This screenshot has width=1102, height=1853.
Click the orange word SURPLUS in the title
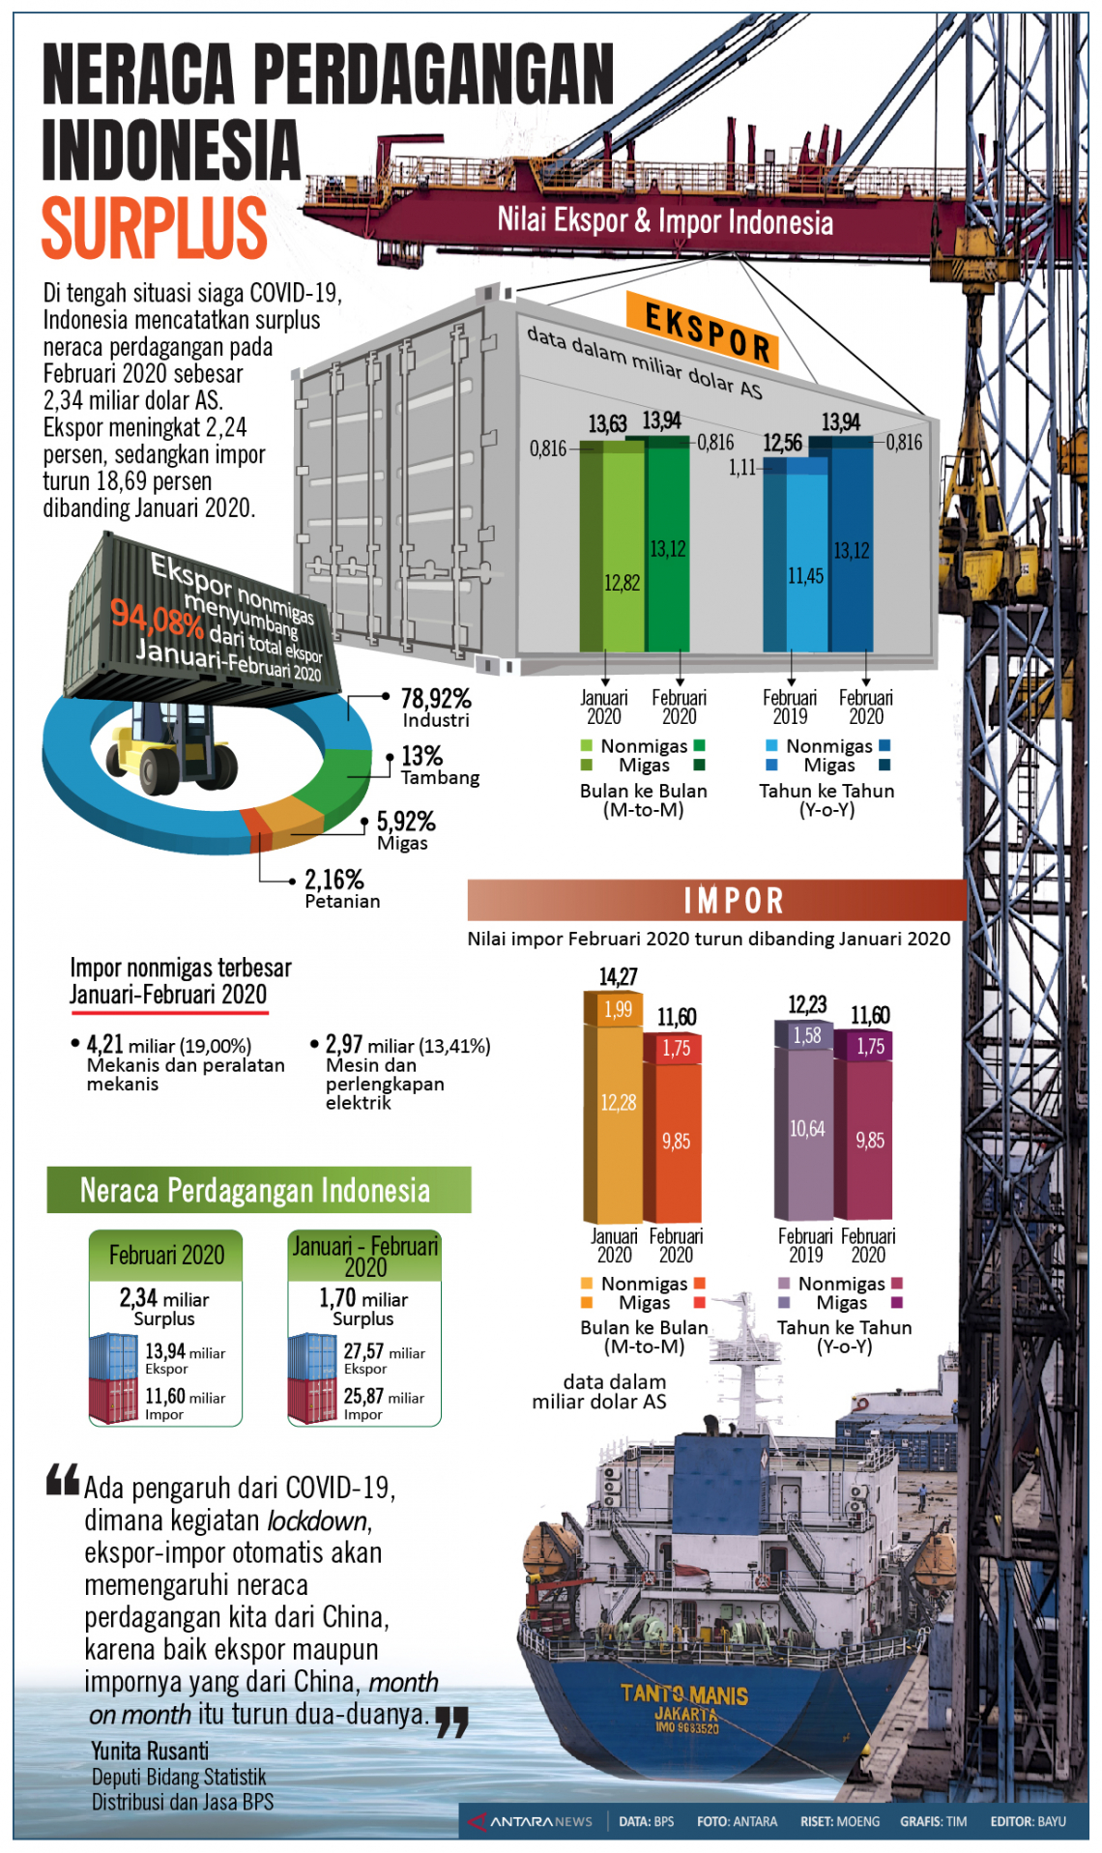click(x=154, y=228)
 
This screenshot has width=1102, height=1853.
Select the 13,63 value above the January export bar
click(x=607, y=423)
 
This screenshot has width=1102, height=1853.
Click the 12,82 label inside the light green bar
click(x=622, y=582)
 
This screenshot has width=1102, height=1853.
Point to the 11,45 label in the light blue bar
click(x=805, y=576)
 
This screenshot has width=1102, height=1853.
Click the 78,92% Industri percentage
click(x=436, y=698)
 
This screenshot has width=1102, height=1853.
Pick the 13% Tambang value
click(x=421, y=755)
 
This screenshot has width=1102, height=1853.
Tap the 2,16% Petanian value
click(x=334, y=879)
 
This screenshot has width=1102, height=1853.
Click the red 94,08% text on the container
click(x=157, y=619)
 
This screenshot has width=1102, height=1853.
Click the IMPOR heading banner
click(x=734, y=901)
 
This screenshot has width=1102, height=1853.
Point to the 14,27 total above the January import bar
click(x=618, y=976)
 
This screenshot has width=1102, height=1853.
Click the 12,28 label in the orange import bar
click(x=618, y=1103)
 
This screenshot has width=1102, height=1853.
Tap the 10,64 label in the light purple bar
click(x=807, y=1128)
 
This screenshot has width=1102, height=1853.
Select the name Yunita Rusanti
click(x=150, y=1751)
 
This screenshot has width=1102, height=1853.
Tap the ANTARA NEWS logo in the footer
click(x=530, y=1821)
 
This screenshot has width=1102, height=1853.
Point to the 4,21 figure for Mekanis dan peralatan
click(x=105, y=1044)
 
